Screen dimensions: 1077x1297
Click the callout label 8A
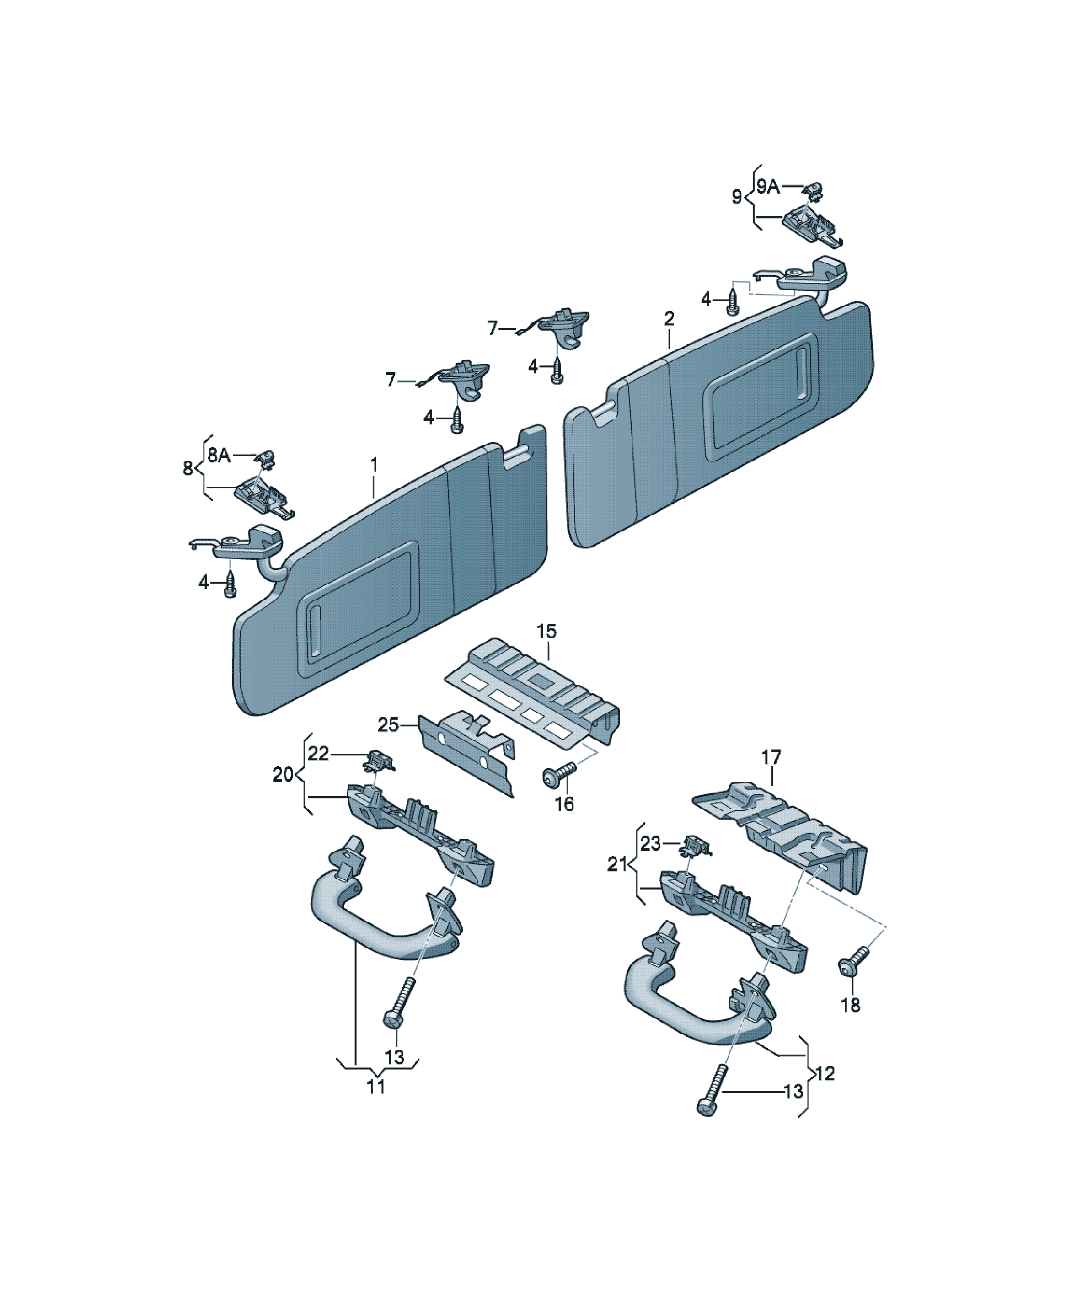pyautogui.click(x=219, y=456)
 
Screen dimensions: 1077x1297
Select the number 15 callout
pyautogui.click(x=546, y=631)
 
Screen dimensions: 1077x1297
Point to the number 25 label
pyautogui.click(x=388, y=725)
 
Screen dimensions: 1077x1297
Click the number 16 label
pyautogui.click(x=564, y=804)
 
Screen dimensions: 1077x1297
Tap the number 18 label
pyautogui.click(x=851, y=1005)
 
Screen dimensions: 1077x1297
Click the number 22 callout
pyautogui.click(x=319, y=753)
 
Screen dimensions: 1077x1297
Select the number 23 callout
pyautogui.click(x=651, y=843)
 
